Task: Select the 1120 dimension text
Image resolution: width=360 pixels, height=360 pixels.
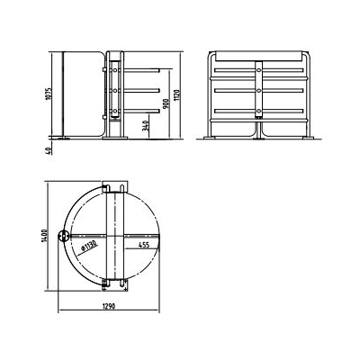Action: tap(177, 95)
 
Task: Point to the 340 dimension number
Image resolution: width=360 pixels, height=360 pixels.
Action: tap(146, 125)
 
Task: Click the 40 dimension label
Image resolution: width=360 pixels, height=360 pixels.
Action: tap(49, 151)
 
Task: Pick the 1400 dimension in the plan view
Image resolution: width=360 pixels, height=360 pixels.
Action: tap(44, 236)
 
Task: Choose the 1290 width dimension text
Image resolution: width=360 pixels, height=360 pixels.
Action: tap(109, 307)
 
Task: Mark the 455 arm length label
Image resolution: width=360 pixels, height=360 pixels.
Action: tap(144, 245)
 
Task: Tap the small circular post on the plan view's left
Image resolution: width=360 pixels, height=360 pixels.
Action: tap(64, 237)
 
